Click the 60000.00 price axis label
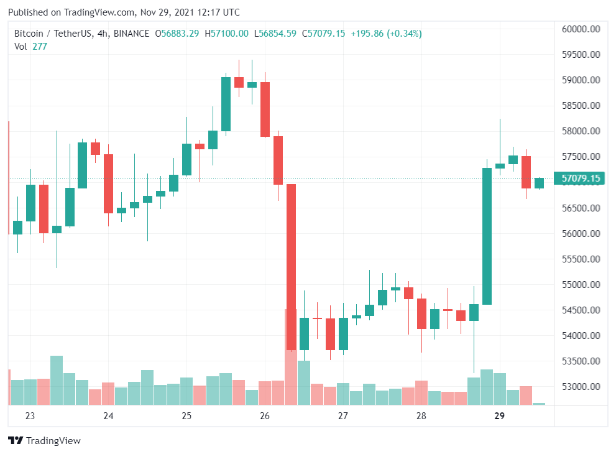(x=580, y=29)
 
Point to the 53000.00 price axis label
(x=580, y=387)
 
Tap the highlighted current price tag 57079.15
(x=581, y=179)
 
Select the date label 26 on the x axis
(x=265, y=416)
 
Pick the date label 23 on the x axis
(x=30, y=416)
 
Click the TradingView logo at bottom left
(x=44, y=440)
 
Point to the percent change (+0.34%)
(x=404, y=34)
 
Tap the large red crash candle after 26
(x=291, y=267)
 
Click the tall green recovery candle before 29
(x=487, y=236)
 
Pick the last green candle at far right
(x=539, y=183)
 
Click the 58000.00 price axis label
(x=580, y=131)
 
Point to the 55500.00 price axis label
(x=580, y=259)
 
